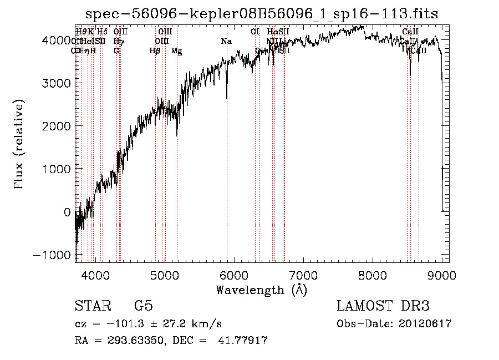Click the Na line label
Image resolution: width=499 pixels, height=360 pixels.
[x=226, y=42]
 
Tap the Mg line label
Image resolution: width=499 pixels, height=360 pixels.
[x=176, y=51]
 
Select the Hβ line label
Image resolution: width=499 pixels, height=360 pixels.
[x=155, y=51]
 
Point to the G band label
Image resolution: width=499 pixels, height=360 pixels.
[x=116, y=51]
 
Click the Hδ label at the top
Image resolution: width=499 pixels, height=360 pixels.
[x=102, y=32]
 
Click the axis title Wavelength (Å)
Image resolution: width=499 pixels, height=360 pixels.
[x=261, y=290]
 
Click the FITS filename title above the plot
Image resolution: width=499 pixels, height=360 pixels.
[x=262, y=14]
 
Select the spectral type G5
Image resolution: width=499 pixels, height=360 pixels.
[x=143, y=306]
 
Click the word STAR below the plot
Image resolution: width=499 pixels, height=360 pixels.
[x=93, y=306]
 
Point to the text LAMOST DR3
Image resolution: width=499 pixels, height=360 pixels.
[x=383, y=306]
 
